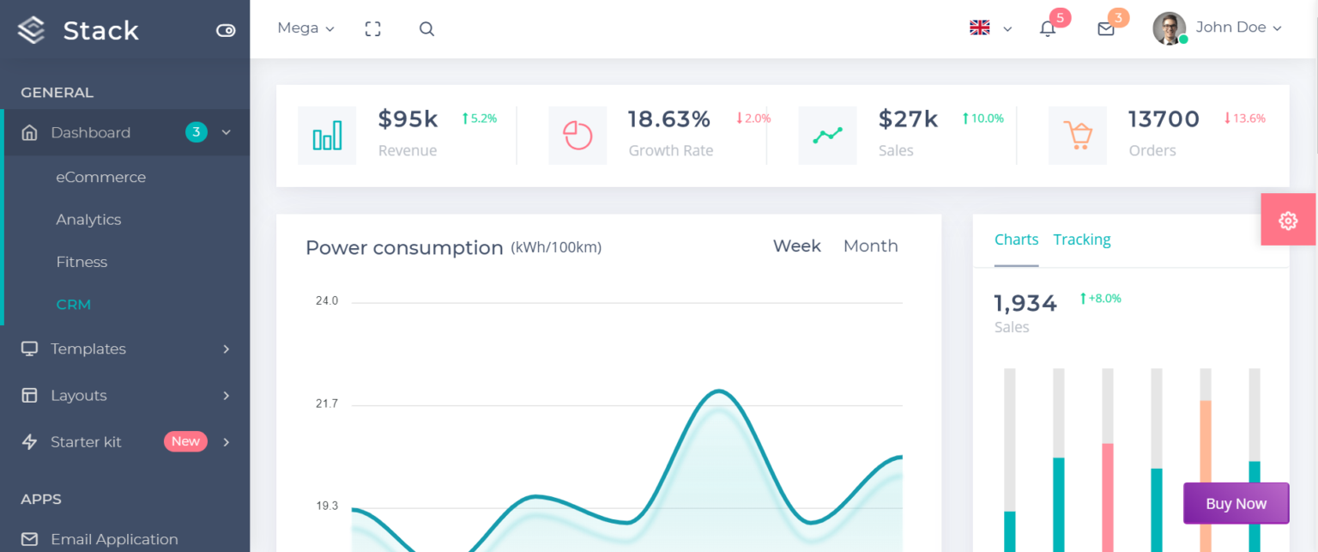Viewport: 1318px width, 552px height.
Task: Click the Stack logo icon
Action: [x=31, y=30]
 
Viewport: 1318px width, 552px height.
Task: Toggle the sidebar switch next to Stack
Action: [x=226, y=31]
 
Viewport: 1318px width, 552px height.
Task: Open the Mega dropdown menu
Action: [x=305, y=28]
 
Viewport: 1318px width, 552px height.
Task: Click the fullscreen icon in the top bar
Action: [x=372, y=29]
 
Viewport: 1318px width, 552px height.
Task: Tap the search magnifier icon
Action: [x=426, y=29]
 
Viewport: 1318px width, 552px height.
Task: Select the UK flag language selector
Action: [x=980, y=28]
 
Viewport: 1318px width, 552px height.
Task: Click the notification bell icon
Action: [x=1048, y=29]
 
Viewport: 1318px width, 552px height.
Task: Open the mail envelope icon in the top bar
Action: [x=1106, y=29]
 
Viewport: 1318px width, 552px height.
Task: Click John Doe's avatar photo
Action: [x=1169, y=28]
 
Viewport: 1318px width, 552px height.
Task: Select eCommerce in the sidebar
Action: [x=100, y=177]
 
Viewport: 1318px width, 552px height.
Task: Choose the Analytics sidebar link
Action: [x=88, y=220]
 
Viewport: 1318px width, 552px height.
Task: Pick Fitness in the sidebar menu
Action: [x=82, y=262]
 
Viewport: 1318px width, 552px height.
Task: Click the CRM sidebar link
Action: [x=73, y=305]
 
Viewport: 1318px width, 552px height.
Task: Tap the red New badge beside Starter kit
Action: [x=185, y=441]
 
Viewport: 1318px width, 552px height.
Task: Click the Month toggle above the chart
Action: [x=870, y=246]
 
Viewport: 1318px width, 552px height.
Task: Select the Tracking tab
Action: [x=1081, y=240]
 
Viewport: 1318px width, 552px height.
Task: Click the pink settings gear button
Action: [x=1287, y=221]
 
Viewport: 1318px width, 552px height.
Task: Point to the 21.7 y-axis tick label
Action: [x=327, y=403]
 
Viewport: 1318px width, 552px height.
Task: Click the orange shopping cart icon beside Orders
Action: [x=1077, y=136]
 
